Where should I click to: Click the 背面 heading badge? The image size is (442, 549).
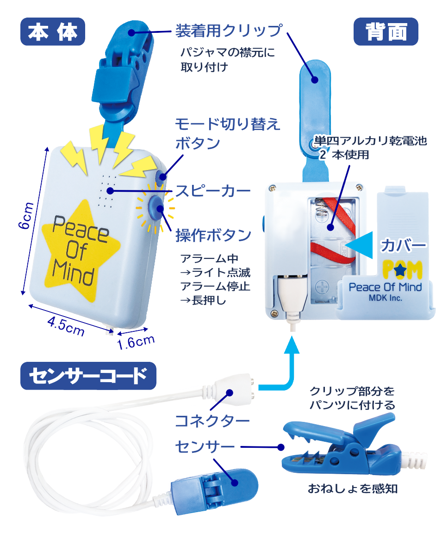[x=386, y=32]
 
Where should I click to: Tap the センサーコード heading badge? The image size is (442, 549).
[x=88, y=376]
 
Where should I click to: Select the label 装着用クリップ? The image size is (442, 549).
[x=228, y=30]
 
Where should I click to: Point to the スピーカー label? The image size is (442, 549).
[x=212, y=190]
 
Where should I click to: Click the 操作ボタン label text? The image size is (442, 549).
[x=213, y=235]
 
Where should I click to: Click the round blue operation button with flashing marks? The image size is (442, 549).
[x=155, y=208]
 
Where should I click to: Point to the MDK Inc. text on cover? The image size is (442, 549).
[x=385, y=298]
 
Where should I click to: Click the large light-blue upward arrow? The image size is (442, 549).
[x=292, y=365]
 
